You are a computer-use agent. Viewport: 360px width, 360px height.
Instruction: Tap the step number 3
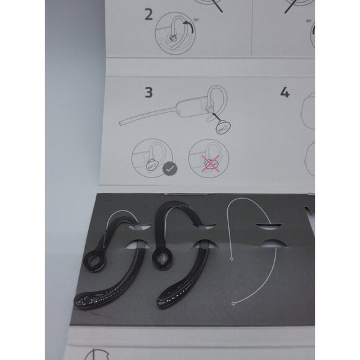pos(148,93)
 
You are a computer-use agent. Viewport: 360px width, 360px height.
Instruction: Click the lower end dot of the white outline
pos(232,304)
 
